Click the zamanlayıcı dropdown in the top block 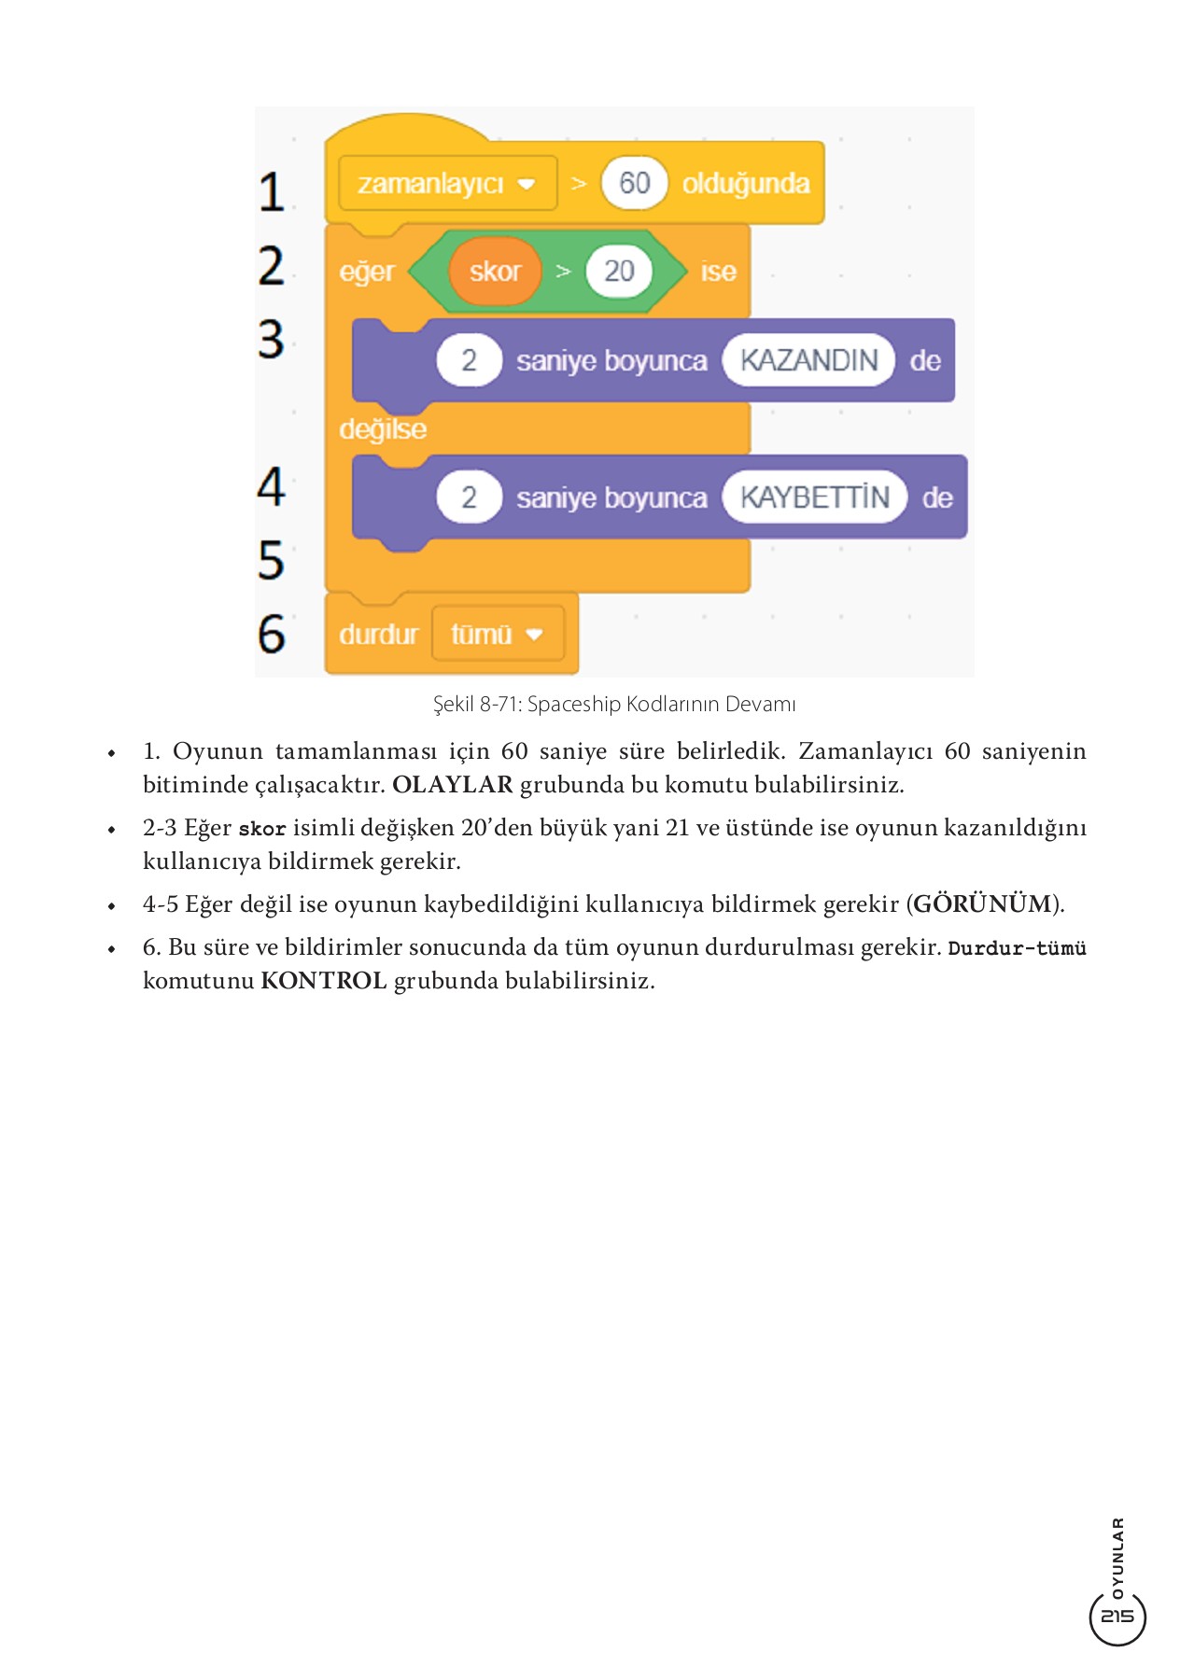click(x=446, y=183)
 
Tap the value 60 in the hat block click(x=635, y=183)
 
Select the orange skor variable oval click(x=495, y=272)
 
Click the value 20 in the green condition click(x=619, y=272)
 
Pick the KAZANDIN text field click(x=808, y=360)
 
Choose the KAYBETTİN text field click(x=814, y=497)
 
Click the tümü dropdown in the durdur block click(x=498, y=635)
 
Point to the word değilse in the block click(x=383, y=429)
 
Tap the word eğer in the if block click(x=366, y=273)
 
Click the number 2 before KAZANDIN click(x=469, y=360)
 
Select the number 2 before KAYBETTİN click(x=469, y=497)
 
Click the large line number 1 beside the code click(x=272, y=192)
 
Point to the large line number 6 click(x=272, y=634)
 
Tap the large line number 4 click(x=272, y=486)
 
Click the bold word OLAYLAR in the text click(x=453, y=785)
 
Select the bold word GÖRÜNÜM click(x=983, y=904)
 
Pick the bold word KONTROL click(x=324, y=981)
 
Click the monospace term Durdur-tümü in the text click(x=1017, y=948)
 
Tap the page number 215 click(x=1117, y=1616)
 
